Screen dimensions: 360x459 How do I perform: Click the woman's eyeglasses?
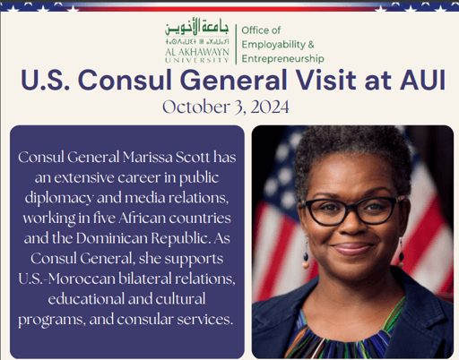click(350, 211)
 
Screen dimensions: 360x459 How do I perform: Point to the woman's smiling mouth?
click(352, 248)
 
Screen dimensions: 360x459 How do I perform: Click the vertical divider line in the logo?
click(237, 43)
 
